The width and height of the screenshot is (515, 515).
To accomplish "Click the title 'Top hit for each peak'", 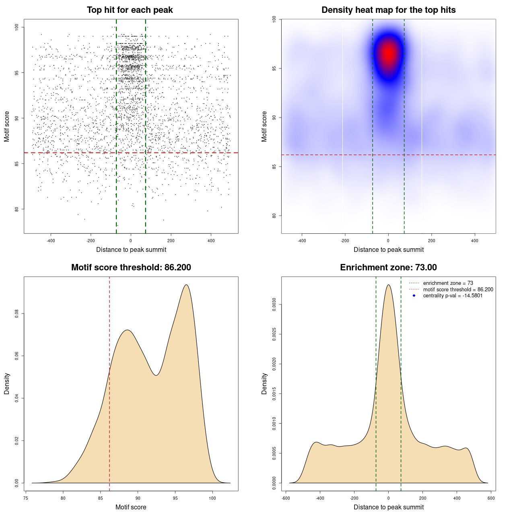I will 130,10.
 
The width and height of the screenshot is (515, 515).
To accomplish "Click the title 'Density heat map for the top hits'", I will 388,10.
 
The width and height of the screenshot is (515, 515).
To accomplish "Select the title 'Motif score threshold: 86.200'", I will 131,268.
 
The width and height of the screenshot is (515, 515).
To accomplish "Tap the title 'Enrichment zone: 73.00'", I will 388,268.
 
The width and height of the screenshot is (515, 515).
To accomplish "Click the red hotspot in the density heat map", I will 388,53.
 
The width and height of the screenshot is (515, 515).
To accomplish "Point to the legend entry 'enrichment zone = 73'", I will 448,283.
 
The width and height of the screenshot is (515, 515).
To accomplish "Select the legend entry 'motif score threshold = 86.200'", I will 458,289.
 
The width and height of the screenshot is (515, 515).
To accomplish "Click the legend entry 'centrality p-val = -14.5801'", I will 453,296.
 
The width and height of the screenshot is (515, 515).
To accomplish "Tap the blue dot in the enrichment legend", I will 414,296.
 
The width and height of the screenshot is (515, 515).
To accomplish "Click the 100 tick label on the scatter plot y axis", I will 17,27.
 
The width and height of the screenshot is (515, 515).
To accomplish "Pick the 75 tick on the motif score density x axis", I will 26,498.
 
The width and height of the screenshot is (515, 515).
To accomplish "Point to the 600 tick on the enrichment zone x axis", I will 491,498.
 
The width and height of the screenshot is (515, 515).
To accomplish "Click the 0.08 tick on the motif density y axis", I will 17,313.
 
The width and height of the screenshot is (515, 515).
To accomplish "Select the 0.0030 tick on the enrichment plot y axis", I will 274,305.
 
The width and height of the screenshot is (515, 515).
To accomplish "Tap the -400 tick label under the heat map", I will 302,241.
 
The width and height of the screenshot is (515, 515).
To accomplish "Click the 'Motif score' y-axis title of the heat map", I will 264,126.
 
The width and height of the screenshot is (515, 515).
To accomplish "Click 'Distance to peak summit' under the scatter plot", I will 131,250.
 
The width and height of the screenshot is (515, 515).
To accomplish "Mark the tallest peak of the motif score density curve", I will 186,285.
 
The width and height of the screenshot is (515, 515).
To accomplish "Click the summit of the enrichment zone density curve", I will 388,285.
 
